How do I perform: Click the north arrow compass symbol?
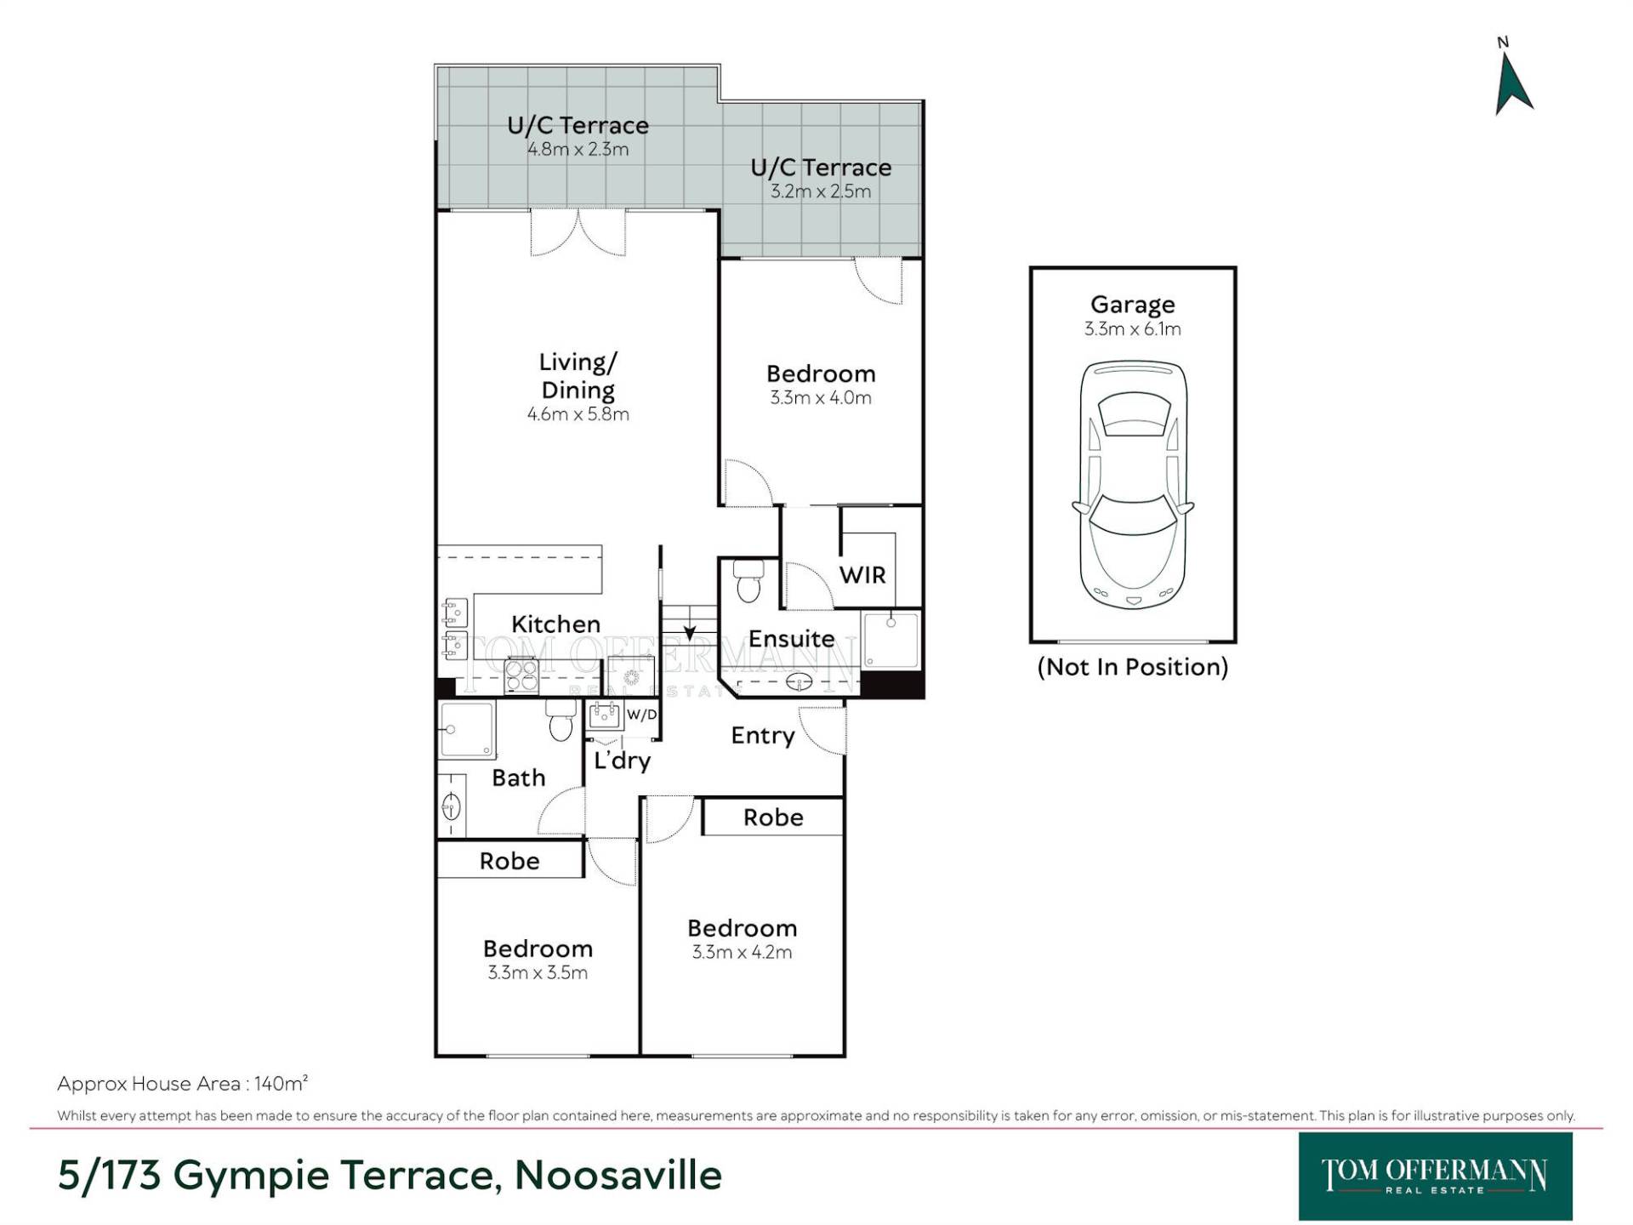click(1513, 83)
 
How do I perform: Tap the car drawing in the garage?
click(1133, 485)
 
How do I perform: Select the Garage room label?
click(1133, 304)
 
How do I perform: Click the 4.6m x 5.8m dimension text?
click(578, 414)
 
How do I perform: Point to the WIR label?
click(862, 575)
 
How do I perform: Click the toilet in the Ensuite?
click(748, 580)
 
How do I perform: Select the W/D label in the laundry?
click(642, 715)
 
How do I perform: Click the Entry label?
click(763, 736)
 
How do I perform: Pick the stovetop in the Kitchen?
click(521, 676)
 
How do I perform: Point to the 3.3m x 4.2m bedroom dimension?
click(742, 952)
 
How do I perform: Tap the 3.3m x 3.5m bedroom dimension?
click(538, 972)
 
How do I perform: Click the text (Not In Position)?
click(1133, 667)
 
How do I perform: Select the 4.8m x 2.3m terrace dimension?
click(578, 150)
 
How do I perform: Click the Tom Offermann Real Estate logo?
click(1435, 1177)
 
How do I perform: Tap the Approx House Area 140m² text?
click(182, 1084)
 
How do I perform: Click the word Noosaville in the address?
click(618, 1176)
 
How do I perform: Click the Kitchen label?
click(555, 624)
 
